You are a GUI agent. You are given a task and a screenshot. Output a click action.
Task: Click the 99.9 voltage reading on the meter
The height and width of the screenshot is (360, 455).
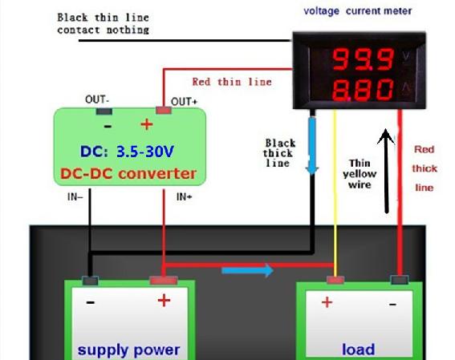tap(363, 59)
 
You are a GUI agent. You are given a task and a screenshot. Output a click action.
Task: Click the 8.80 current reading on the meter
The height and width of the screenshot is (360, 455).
tap(363, 90)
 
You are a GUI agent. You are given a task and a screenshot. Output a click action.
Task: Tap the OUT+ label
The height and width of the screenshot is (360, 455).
tap(184, 102)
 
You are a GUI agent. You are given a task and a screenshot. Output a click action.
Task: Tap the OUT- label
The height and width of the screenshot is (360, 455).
tap(97, 99)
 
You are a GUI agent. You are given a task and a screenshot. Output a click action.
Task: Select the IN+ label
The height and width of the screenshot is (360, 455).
tap(184, 197)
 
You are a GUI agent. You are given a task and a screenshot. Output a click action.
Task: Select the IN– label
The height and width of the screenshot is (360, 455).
tap(75, 197)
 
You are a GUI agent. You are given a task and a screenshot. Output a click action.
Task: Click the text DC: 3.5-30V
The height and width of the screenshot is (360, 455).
tap(127, 152)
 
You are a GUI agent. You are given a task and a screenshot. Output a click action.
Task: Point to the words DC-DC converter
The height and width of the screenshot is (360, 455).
tap(128, 174)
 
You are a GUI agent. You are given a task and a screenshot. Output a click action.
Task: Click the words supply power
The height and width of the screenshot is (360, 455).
tap(128, 350)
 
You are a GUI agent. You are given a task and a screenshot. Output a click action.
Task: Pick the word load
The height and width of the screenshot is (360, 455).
tap(359, 350)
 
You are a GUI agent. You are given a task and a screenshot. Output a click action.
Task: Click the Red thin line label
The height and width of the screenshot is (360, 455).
tap(232, 82)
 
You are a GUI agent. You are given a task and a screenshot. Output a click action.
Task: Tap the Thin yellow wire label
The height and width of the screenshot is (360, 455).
tap(360, 174)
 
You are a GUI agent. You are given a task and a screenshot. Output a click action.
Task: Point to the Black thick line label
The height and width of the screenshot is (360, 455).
tap(279, 153)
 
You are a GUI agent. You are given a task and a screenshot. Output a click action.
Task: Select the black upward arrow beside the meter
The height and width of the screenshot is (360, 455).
tap(386, 171)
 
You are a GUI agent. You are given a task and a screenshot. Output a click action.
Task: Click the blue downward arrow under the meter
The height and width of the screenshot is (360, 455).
tap(312, 146)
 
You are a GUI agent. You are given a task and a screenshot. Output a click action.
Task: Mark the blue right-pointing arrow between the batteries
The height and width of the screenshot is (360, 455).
tap(247, 271)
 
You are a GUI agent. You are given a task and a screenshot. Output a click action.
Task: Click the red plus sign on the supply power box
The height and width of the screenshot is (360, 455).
tap(164, 301)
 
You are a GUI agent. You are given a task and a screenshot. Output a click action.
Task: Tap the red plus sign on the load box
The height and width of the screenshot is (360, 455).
tap(327, 302)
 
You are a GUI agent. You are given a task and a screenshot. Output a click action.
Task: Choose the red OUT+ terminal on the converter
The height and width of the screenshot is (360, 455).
tap(164, 111)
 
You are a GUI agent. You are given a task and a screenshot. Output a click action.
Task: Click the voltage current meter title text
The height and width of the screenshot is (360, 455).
tap(358, 11)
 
